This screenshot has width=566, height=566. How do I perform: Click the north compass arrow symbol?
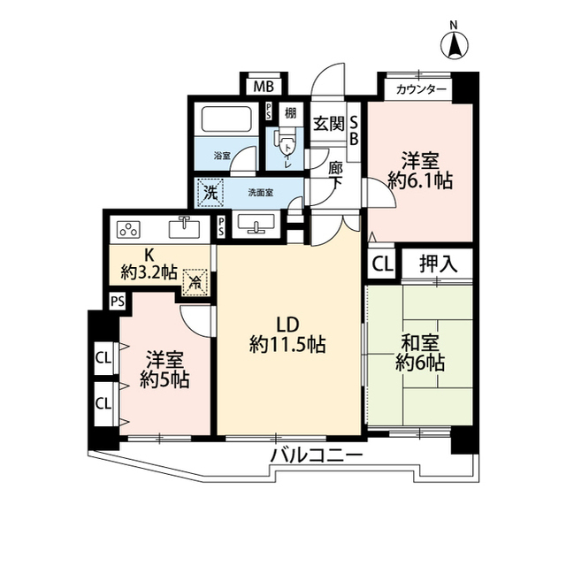(x=454, y=43)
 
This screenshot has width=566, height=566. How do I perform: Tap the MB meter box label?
(x=263, y=87)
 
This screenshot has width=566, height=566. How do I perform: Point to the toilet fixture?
(x=287, y=145)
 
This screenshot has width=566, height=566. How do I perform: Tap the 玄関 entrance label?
(x=328, y=124)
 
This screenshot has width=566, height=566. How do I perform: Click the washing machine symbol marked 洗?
(x=212, y=191)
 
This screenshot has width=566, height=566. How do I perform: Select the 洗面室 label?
(x=259, y=191)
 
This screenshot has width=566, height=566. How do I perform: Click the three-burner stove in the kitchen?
(x=128, y=229)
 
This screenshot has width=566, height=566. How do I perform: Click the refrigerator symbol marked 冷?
(x=194, y=283)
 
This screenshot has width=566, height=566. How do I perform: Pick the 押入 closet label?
(x=437, y=263)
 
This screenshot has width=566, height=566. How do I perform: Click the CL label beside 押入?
(x=381, y=263)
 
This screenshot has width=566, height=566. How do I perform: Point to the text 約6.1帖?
(x=420, y=181)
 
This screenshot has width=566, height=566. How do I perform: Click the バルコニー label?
(x=316, y=456)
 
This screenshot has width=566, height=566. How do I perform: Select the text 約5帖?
(x=164, y=381)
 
